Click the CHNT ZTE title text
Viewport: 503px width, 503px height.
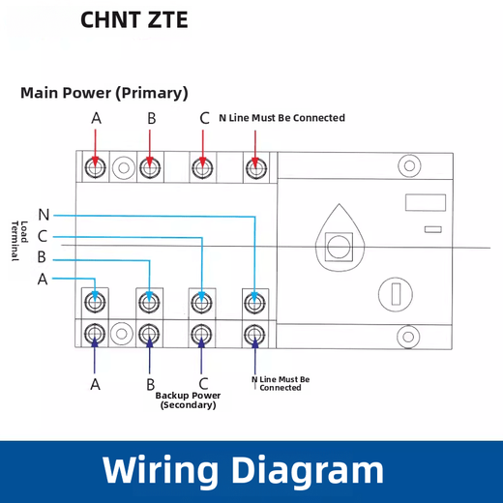[x=134, y=20]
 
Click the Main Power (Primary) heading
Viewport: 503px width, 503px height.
[x=104, y=93]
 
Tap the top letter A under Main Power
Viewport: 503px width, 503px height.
[x=96, y=118]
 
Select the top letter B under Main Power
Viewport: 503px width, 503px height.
[x=151, y=118]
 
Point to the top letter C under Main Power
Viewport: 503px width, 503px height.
[x=204, y=118]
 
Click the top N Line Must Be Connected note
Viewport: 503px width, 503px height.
[x=281, y=118]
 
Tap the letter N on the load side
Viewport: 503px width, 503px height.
[x=44, y=215]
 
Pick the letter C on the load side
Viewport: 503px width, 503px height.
[x=44, y=236]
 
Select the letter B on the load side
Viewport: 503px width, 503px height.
[x=43, y=257]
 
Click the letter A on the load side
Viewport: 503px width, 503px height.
[x=43, y=279]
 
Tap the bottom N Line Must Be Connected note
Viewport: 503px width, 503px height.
[x=281, y=384]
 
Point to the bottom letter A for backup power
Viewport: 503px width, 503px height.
[x=96, y=384]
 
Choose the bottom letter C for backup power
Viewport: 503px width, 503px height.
[x=202, y=384]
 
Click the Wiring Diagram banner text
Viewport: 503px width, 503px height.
[x=243, y=470]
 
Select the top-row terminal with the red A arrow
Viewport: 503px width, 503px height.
[x=96, y=168]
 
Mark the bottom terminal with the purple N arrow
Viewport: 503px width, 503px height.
[x=254, y=335]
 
